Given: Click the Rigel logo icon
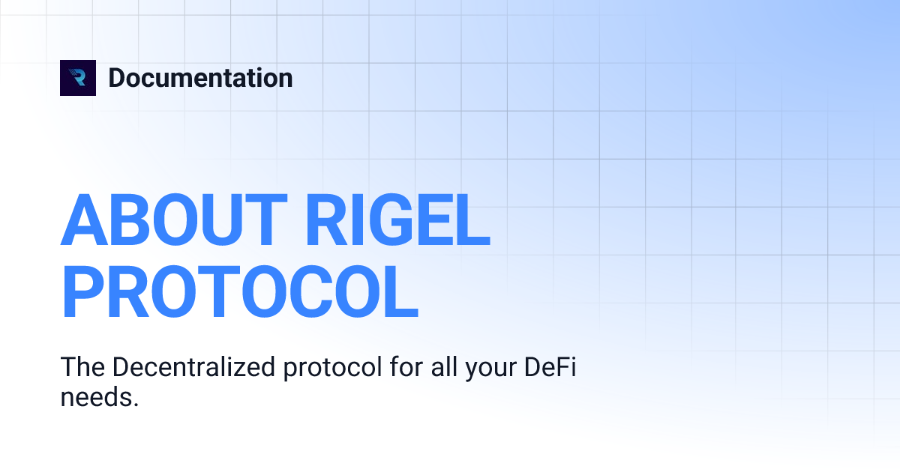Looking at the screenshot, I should coord(78,78).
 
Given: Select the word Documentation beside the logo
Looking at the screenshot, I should coord(200,78).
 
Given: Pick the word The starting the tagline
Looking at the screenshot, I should coord(82,368).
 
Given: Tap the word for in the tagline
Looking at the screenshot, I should coord(422,368).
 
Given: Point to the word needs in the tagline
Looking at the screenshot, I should coord(96,397).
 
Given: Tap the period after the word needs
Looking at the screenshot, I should coord(136,405).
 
